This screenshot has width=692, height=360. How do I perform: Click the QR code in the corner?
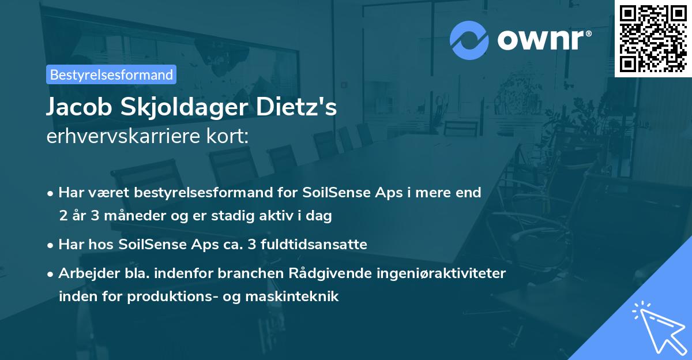(653, 37)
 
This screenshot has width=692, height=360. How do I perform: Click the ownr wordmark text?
(543, 40)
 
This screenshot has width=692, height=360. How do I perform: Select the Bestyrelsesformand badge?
(111, 74)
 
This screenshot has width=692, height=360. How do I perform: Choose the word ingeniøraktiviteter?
(444, 273)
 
